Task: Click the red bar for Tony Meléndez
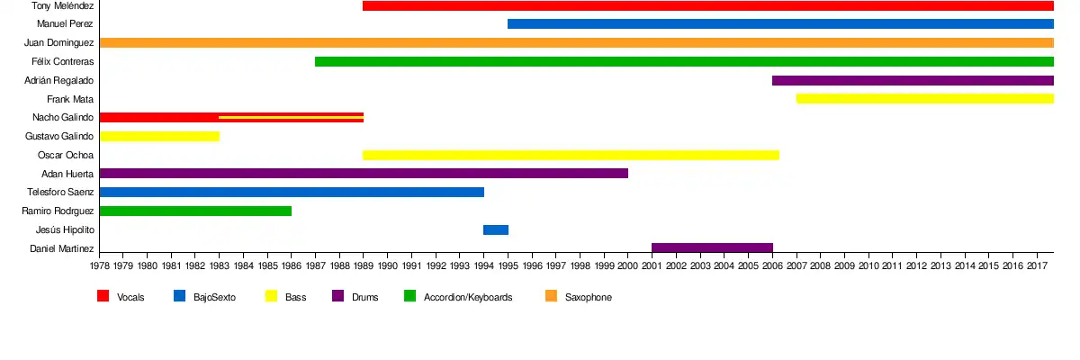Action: (707, 6)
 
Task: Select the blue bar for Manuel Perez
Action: (780, 24)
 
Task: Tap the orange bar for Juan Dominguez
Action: (576, 42)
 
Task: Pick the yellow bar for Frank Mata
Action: (924, 98)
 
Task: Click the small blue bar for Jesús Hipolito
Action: (496, 229)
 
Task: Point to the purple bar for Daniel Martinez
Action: (712, 247)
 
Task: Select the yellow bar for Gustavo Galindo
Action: (159, 136)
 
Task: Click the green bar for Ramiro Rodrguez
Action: (195, 211)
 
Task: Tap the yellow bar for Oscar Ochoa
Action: (571, 155)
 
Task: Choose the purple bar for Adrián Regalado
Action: (913, 80)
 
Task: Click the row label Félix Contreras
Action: (62, 62)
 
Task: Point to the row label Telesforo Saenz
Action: (60, 193)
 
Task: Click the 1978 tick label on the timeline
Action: (100, 266)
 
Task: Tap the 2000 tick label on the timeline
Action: (628, 266)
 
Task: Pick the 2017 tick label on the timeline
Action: (1037, 266)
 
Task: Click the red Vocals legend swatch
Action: (103, 296)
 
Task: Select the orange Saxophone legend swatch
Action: (552, 296)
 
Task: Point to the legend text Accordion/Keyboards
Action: (468, 297)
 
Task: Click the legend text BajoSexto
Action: (214, 297)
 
